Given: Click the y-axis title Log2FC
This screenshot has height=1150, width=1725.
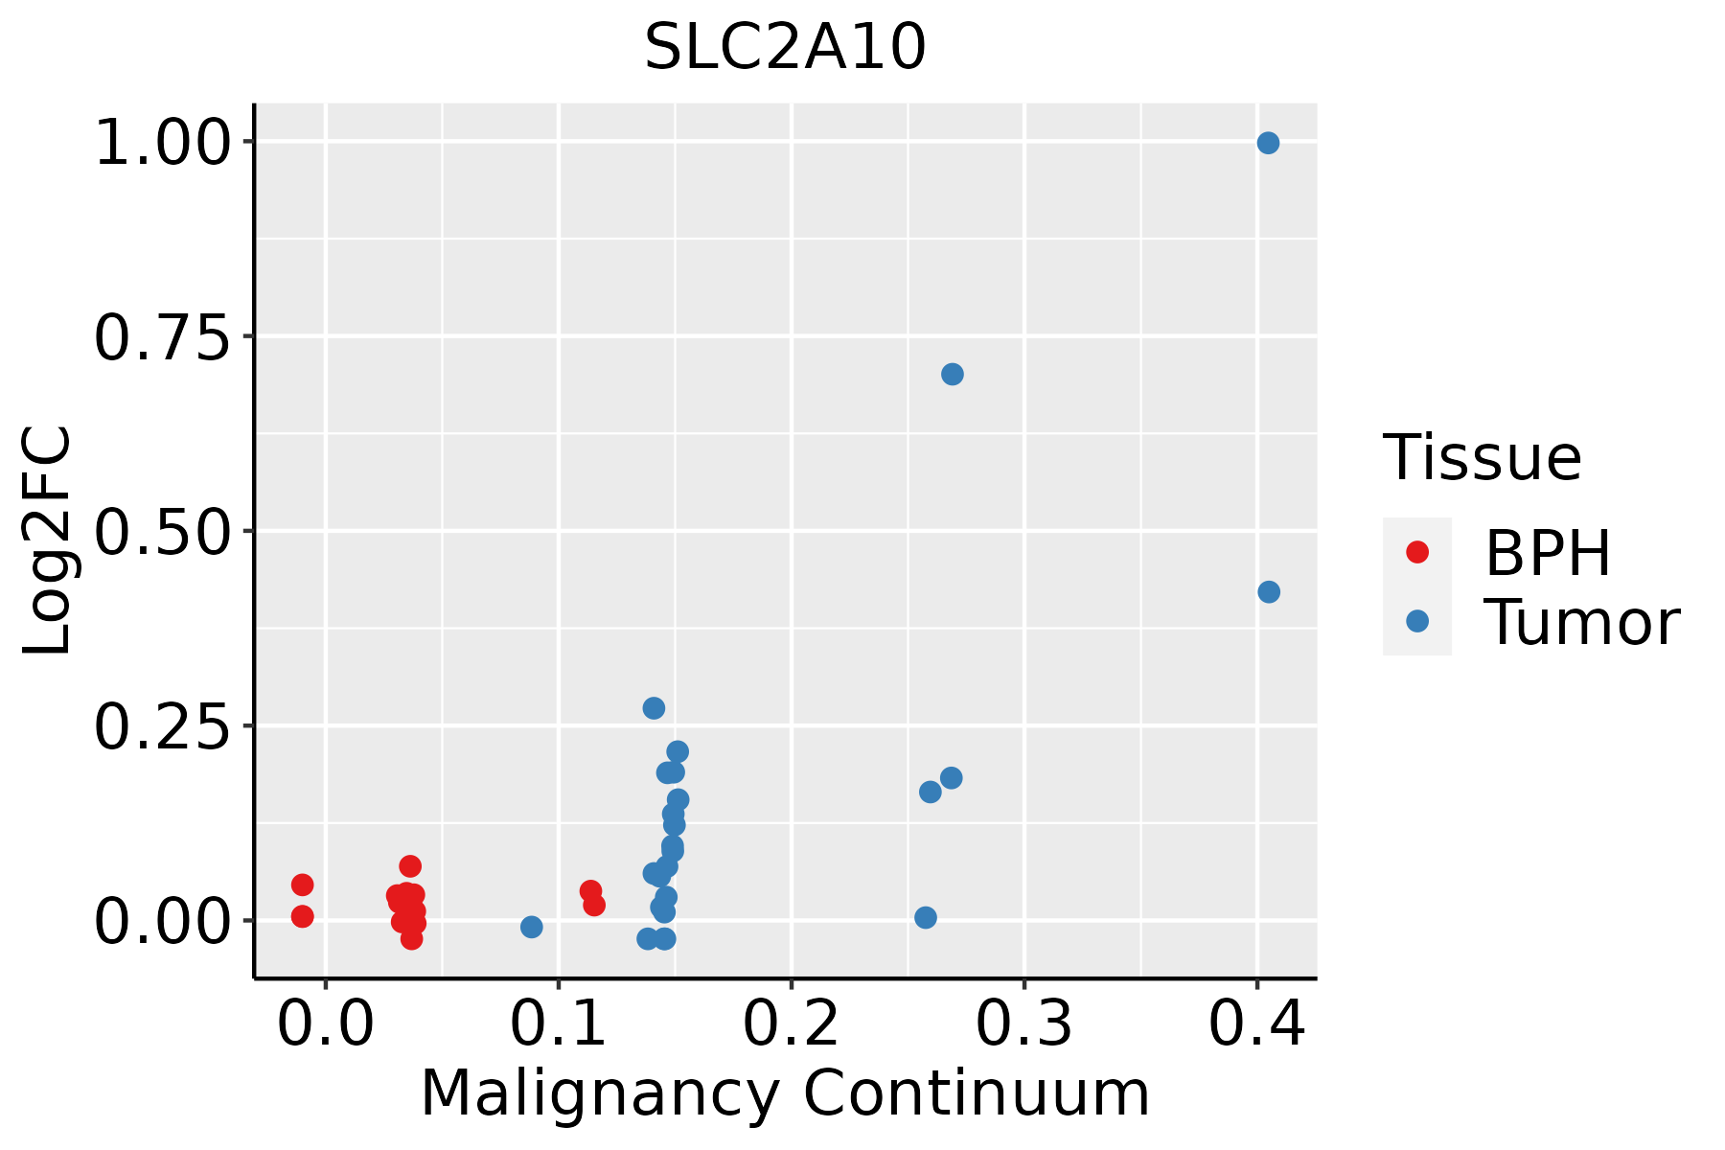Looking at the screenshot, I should [48, 540].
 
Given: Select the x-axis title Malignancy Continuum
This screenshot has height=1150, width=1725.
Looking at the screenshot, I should [785, 1093].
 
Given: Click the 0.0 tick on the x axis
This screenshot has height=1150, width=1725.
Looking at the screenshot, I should [326, 1025].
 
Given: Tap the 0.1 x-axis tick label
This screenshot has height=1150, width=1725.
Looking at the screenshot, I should [559, 1025].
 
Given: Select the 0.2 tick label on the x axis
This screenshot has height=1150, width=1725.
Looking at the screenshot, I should [792, 1025].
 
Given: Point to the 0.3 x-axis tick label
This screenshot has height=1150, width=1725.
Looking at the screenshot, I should [1024, 1025].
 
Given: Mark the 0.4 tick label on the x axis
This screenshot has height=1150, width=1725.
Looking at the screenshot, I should [1256, 1025].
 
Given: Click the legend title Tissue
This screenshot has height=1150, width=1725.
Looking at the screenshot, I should [1483, 458].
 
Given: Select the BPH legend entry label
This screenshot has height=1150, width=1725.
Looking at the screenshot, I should [1548, 553].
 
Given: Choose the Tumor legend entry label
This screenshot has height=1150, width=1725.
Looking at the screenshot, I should [1581, 623].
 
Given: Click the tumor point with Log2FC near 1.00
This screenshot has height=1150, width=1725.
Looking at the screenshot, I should [1268, 143].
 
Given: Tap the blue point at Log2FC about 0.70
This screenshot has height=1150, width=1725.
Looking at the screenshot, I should [952, 374].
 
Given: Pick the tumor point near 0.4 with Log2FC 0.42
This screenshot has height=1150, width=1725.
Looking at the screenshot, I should [1268, 592].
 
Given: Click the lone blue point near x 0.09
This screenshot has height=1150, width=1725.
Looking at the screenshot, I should [532, 927].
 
